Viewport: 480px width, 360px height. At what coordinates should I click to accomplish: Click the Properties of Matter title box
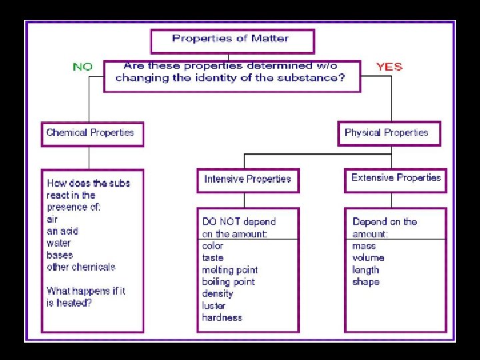tap(232, 40)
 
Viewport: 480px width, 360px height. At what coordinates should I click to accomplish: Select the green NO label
tap(83, 67)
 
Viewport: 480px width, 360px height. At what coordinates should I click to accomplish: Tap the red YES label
tap(389, 67)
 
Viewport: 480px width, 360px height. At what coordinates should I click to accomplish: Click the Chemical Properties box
tap(91, 133)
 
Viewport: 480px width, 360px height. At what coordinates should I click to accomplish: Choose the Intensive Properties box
tap(247, 179)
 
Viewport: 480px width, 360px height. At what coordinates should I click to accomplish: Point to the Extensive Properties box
tap(395, 178)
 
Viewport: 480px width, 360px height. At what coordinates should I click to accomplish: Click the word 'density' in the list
tap(217, 293)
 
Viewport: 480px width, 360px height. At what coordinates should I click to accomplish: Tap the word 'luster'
tap(213, 305)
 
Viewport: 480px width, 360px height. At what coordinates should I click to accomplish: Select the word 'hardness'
tap(222, 317)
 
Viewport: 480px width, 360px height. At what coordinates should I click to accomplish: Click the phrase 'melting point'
tap(229, 270)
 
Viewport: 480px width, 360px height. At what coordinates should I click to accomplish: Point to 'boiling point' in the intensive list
tap(228, 281)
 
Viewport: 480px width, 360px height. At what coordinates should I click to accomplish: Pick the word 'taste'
tap(213, 257)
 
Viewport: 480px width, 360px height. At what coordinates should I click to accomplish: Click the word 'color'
tap(213, 245)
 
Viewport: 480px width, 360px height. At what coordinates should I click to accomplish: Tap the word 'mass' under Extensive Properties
tap(364, 245)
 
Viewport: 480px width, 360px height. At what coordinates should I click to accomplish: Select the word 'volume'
tap(368, 257)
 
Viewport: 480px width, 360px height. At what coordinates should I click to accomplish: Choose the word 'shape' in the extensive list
tap(365, 281)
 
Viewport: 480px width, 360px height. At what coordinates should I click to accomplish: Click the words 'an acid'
tap(62, 231)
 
